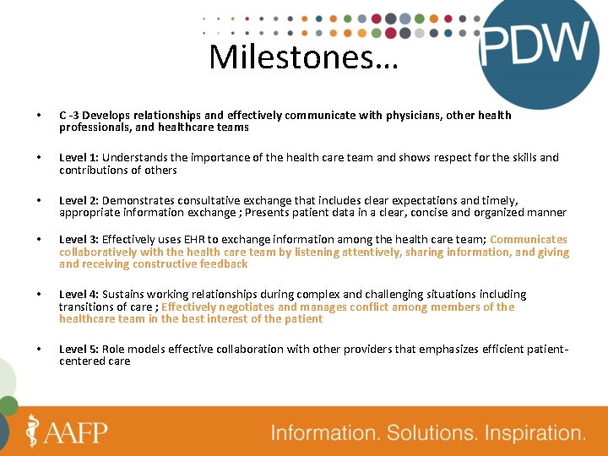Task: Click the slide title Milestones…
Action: pos(301,58)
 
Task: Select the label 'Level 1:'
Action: pos(79,158)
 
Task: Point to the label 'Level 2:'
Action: pos(79,201)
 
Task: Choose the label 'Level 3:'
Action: pos(79,240)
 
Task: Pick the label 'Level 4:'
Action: pos(79,295)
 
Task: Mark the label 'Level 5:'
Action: pos(79,349)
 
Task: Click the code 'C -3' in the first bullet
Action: pos(69,115)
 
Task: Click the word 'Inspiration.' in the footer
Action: pos(534,433)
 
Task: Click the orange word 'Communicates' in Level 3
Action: pos(529,240)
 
